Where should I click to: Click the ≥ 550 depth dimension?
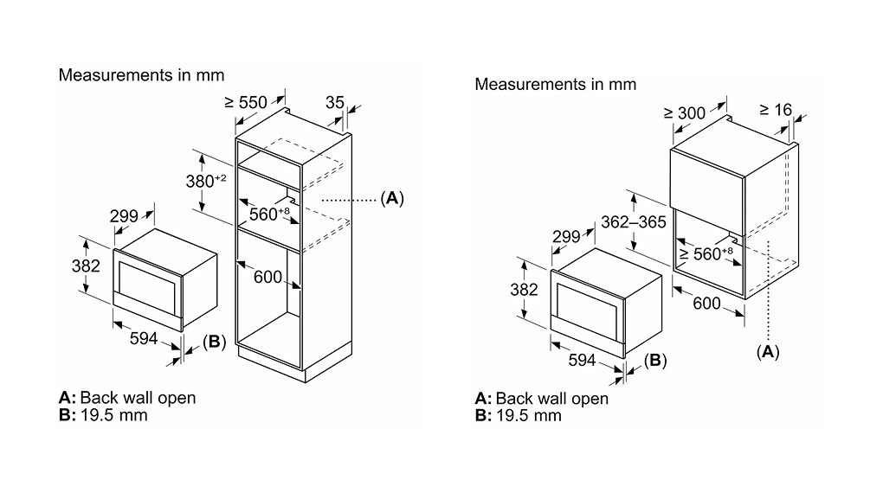246,102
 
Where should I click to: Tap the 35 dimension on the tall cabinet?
334,102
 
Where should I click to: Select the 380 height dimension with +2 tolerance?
206,181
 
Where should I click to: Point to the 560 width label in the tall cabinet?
269,214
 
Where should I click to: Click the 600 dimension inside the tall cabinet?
267,277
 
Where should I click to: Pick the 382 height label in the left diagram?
86,266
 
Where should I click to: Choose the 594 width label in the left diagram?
144,338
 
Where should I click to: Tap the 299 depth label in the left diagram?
124,216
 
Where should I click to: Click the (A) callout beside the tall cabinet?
392,198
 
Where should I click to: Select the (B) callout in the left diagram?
214,342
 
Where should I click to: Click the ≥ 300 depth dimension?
684,113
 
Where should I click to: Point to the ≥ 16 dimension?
776,110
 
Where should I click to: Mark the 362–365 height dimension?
634,222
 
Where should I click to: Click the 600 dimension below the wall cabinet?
706,304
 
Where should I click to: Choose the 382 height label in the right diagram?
525,289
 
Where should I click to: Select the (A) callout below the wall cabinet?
768,352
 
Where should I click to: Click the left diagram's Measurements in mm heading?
141,75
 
